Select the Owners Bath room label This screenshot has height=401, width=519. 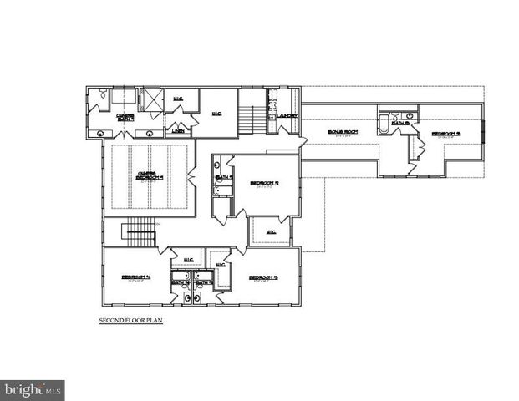(x=125, y=118)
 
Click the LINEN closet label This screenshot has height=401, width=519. (x=177, y=131)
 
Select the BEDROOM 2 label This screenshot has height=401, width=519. (x=266, y=183)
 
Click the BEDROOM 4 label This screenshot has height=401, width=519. (x=135, y=277)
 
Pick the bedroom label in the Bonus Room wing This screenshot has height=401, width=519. (x=445, y=134)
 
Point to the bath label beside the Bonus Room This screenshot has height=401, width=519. (x=400, y=124)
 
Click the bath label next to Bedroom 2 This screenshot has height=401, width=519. (x=223, y=178)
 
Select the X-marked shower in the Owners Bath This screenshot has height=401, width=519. (x=151, y=98)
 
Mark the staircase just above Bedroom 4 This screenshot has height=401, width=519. (x=140, y=232)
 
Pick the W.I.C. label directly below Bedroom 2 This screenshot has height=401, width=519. (x=271, y=231)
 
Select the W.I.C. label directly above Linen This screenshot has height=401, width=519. (x=178, y=99)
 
